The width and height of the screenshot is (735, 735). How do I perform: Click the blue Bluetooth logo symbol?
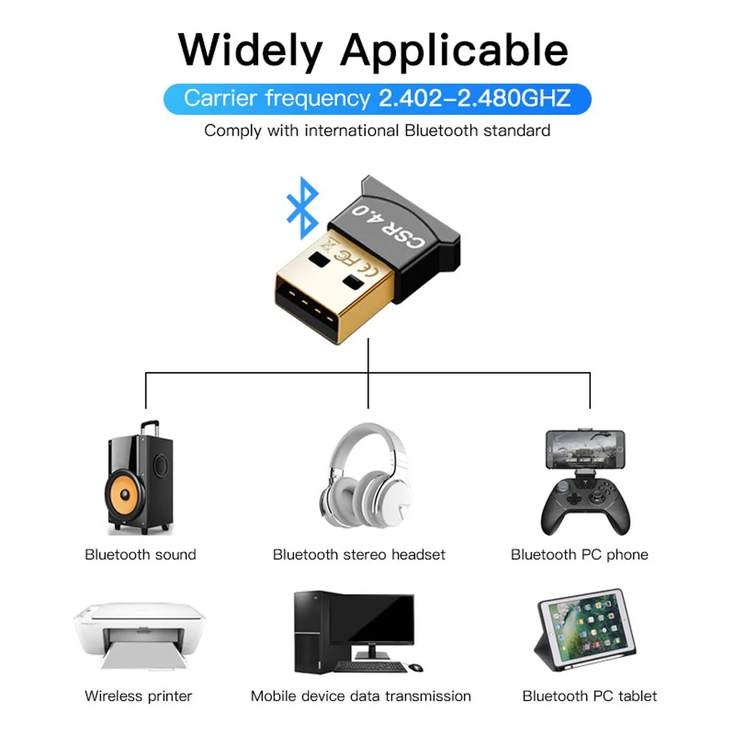303,207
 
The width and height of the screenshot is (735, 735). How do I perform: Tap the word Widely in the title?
251,51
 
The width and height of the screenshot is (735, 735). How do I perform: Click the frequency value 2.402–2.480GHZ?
474,98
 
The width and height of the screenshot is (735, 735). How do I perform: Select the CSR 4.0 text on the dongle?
388,225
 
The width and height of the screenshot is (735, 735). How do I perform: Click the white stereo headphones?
367,476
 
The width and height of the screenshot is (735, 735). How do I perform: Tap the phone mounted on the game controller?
585,449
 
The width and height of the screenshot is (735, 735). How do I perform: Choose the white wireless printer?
139,635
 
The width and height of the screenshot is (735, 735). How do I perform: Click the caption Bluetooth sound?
140,554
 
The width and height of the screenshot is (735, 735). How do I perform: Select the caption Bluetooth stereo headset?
359,554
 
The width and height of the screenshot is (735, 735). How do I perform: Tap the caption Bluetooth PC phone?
579,554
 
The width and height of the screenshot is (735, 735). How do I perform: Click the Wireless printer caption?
138,696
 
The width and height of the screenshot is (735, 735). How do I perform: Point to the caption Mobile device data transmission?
360,696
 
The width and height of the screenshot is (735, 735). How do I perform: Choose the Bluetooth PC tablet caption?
589,696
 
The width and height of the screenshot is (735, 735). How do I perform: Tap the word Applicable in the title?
453,51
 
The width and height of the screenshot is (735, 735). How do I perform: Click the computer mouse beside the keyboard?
415,667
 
